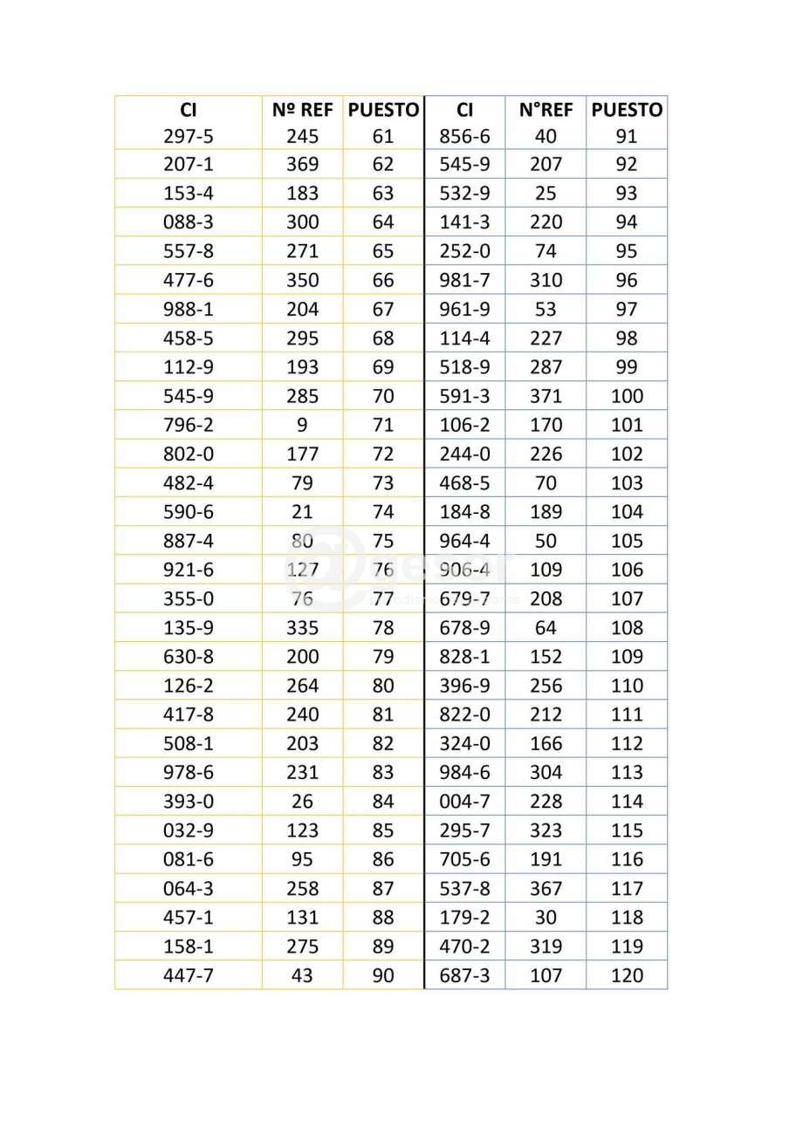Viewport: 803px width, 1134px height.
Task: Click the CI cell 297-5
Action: [188, 136]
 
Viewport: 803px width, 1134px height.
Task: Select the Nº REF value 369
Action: [302, 164]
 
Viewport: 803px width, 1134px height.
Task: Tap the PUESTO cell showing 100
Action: [626, 396]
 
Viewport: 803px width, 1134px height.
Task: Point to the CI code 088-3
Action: [188, 222]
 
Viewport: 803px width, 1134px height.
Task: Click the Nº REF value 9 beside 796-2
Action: [302, 425]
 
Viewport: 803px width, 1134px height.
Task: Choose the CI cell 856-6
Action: [465, 136]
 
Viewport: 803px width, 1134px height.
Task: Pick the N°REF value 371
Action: [546, 396]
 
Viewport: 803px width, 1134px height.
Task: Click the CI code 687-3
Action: [465, 975]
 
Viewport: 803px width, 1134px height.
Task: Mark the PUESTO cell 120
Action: [626, 975]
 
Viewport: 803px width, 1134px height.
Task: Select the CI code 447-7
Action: [188, 975]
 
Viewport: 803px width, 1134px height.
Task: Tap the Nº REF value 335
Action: [302, 627]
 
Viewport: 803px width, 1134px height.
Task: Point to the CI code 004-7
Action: [465, 801]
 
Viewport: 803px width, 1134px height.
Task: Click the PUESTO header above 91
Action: [626, 110]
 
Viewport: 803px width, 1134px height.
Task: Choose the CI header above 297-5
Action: [188, 110]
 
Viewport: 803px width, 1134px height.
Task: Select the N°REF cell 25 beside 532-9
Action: [546, 193]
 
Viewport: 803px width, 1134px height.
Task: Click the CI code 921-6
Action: [188, 570]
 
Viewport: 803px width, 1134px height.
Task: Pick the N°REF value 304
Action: [546, 772]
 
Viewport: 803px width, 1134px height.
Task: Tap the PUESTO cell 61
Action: [382, 136]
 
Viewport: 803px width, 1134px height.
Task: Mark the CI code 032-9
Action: [188, 830]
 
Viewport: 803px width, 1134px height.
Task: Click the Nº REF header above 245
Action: [302, 110]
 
